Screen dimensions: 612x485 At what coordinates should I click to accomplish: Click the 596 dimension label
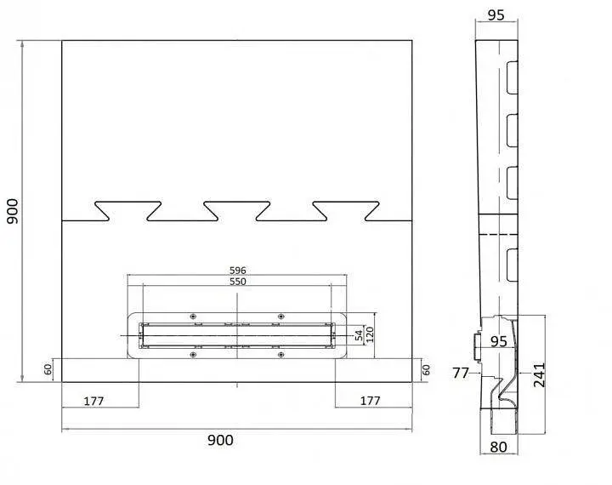tap(238, 270)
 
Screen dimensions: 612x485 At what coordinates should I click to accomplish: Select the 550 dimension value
tap(238, 282)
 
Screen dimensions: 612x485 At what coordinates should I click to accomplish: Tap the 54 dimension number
tap(359, 335)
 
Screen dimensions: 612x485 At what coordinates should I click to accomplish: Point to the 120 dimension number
tap(370, 334)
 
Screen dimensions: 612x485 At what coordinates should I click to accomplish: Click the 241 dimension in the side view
tap(539, 374)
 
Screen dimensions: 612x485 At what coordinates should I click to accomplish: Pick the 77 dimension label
tap(460, 374)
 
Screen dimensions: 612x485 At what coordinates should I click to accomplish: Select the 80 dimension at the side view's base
tap(498, 447)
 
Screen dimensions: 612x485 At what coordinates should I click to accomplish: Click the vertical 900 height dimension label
tap(13, 211)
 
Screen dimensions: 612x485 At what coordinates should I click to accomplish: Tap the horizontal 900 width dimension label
tap(220, 441)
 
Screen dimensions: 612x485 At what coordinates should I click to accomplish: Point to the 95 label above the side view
tap(496, 14)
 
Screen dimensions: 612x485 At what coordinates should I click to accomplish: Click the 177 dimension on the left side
tap(93, 401)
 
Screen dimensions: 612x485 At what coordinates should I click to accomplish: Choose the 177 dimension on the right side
tap(370, 401)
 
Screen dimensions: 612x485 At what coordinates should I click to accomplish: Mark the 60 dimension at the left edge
tap(48, 370)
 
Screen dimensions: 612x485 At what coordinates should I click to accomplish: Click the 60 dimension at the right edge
tap(426, 370)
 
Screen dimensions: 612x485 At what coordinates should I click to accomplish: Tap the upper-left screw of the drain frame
tap(192, 317)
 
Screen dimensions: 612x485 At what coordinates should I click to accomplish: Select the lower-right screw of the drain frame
tap(281, 355)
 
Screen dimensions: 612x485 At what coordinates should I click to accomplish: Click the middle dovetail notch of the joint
tap(237, 211)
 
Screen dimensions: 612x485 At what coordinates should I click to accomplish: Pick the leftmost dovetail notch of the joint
tap(128, 211)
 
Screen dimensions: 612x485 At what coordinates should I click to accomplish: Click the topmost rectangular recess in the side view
tap(512, 77)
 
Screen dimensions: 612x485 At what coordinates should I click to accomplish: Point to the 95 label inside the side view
tap(498, 341)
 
